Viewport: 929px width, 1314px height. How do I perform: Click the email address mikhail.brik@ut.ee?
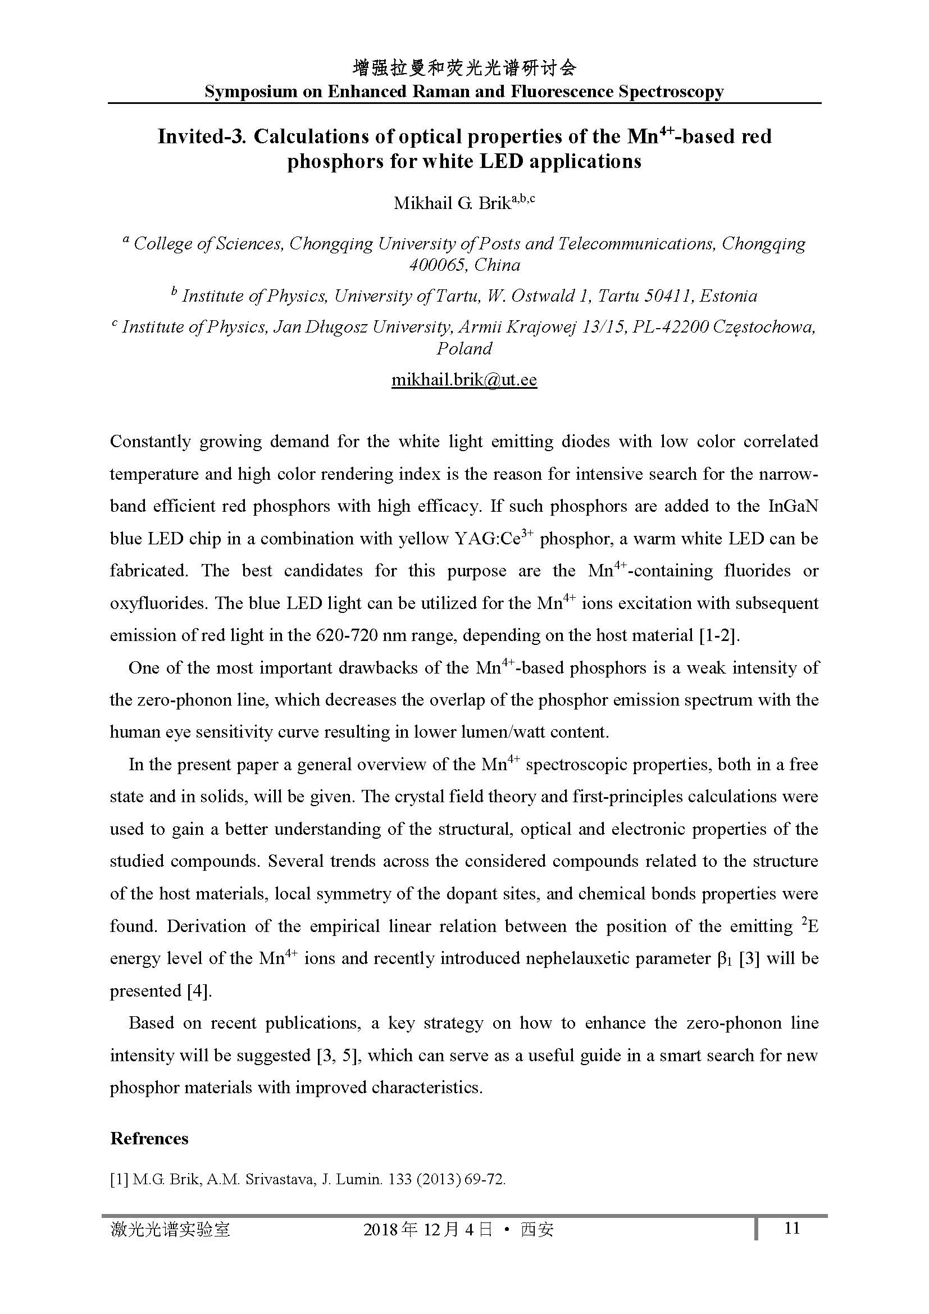tap(464, 380)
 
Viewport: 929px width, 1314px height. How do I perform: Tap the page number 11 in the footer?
tap(792, 1228)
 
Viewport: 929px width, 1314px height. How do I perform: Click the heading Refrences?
tap(149, 1138)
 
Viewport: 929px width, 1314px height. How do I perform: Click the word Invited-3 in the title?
tap(202, 137)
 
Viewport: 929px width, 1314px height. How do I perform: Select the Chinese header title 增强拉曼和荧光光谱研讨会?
tap(464, 69)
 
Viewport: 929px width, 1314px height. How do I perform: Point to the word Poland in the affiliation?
tap(464, 348)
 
